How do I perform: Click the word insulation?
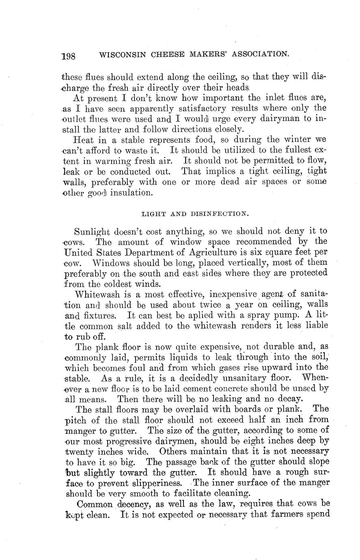coord(130,193)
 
